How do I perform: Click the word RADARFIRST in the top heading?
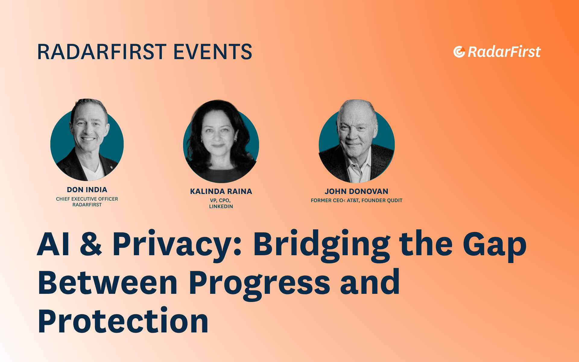click(102, 52)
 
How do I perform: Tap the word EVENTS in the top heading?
click(213, 52)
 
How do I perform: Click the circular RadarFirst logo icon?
click(459, 52)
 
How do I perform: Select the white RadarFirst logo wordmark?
click(504, 52)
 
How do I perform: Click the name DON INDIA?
click(87, 190)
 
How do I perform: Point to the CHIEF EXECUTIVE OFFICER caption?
click(87, 199)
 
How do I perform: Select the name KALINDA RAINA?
click(221, 191)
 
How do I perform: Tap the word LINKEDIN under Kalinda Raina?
click(221, 206)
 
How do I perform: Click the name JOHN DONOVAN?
click(356, 191)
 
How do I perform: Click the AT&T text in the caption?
click(353, 200)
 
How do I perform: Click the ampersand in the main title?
click(91, 244)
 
